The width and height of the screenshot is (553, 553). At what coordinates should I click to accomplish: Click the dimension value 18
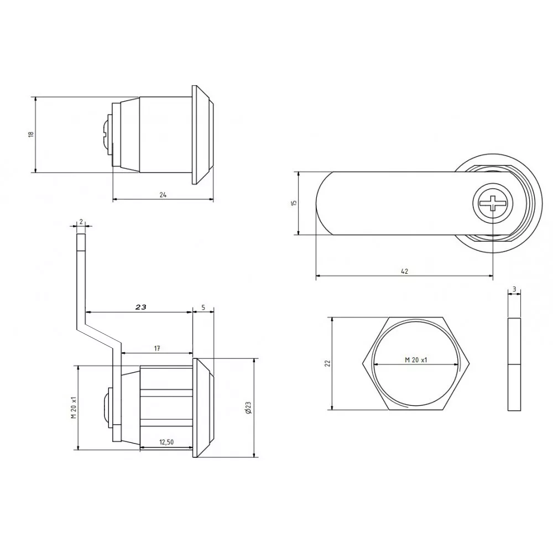click(32, 134)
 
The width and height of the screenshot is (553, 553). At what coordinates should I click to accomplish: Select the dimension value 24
click(163, 195)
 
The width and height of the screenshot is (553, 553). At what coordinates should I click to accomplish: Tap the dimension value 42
click(405, 271)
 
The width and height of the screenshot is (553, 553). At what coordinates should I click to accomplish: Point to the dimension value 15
click(295, 203)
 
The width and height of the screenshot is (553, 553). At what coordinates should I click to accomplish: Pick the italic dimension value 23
click(140, 307)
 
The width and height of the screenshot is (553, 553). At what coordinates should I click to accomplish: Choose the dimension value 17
click(157, 348)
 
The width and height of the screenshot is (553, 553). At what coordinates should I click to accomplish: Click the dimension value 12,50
click(166, 442)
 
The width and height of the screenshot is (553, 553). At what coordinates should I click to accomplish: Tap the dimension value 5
click(204, 307)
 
